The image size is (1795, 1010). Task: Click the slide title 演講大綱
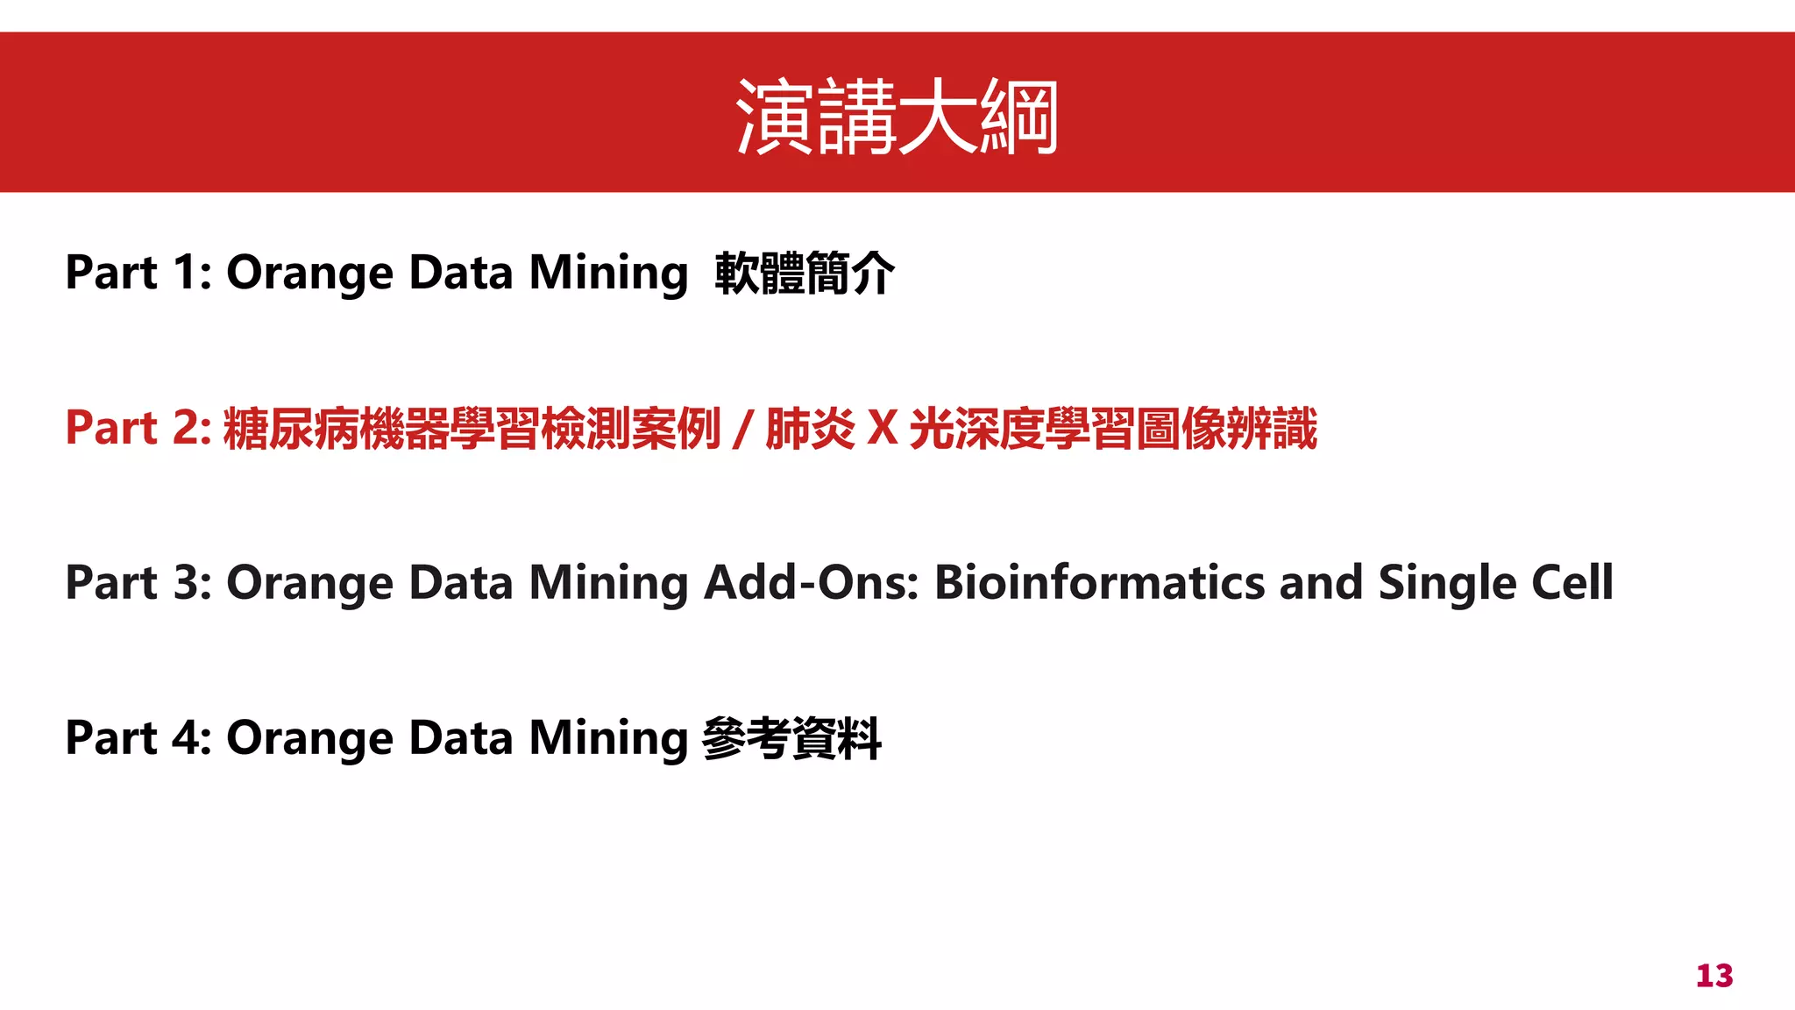[897, 117]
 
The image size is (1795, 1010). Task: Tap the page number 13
[1714, 976]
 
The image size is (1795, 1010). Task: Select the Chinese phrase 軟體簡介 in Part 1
[805, 273]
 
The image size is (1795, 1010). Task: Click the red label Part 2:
[138, 428]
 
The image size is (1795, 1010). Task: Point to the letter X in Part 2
[883, 428]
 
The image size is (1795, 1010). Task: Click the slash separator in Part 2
[743, 430]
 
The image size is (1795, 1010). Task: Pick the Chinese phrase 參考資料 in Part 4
[791, 738]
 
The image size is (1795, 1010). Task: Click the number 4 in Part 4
[186, 737]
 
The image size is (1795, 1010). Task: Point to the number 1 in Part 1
[185, 273]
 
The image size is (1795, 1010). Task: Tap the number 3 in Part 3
[186, 583]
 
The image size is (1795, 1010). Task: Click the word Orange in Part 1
[310, 274]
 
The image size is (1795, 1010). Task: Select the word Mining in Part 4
[608, 739]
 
